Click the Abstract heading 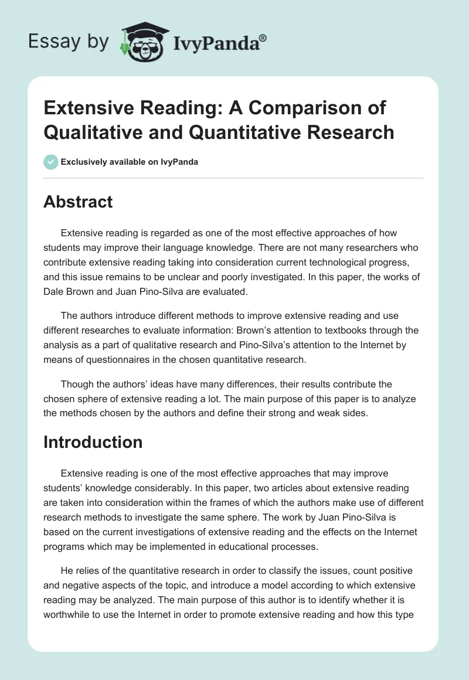click(78, 202)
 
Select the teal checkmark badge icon click(51, 162)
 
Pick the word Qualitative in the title click(87, 132)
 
